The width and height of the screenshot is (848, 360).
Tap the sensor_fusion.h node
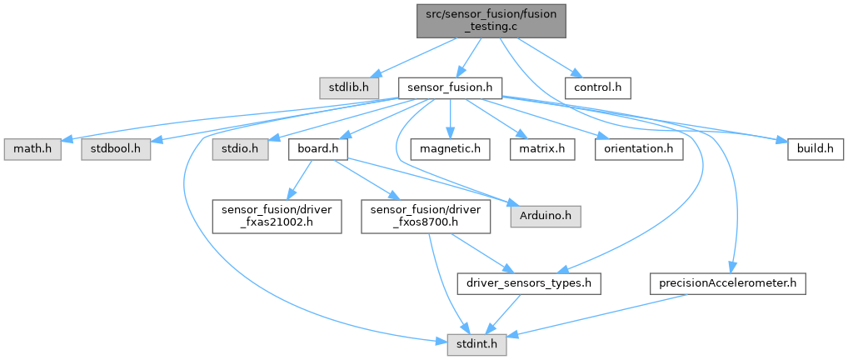point(450,86)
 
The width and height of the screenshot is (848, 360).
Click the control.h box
point(598,86)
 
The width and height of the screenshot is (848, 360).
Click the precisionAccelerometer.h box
point(726,283)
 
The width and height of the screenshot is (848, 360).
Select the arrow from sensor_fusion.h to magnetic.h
point(450,117)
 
